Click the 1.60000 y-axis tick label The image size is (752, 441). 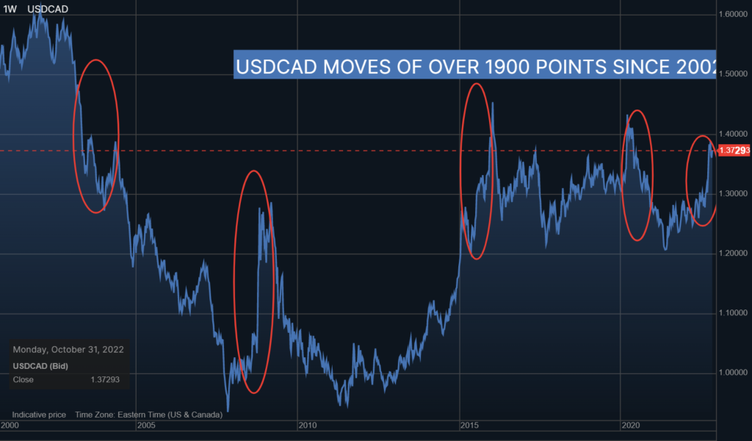(x=734, y=14)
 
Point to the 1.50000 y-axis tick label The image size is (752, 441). (x=734, y=74)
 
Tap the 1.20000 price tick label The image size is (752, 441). (x=734, y=254)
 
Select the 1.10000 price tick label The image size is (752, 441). (x=734, y=313)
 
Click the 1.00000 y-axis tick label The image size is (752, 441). (x=734, y=373)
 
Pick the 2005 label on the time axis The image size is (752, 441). (x=145, y=426)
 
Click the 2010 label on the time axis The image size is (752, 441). (x=307, y=426)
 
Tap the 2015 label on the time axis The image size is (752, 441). (x=469, y=426)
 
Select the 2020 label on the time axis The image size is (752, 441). (x=630, y=426)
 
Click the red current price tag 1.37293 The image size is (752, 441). (x=734, y=151)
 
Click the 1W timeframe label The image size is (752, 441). (x=11, y=9)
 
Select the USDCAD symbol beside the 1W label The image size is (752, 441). (x=48, y=9)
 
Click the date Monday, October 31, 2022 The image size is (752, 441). (x=68, y=350)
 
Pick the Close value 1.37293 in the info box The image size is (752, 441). (x=104, y=380)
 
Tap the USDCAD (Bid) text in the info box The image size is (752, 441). (x=40, y=365)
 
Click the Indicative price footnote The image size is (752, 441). (x=39, y=415)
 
